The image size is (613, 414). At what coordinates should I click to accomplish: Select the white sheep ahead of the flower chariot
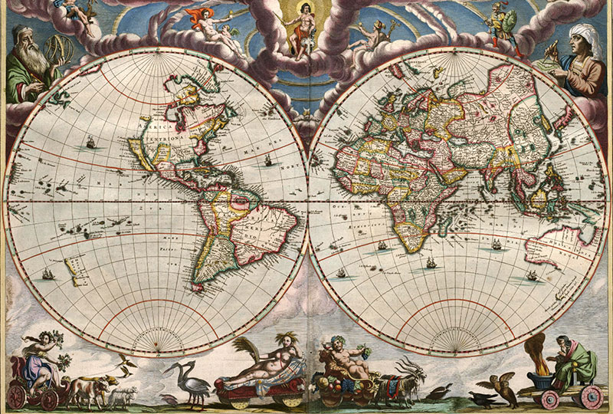pos(123,395)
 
